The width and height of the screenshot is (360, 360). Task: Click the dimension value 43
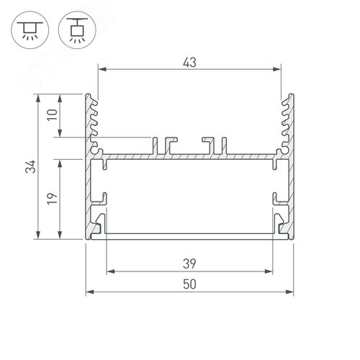pos(189,62)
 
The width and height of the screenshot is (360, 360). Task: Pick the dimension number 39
pos(189,264)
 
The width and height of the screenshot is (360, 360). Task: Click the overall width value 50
pos(189,284)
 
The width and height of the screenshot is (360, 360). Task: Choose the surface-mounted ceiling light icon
pos(28,27)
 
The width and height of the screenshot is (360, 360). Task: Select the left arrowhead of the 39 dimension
pos(109,271)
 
